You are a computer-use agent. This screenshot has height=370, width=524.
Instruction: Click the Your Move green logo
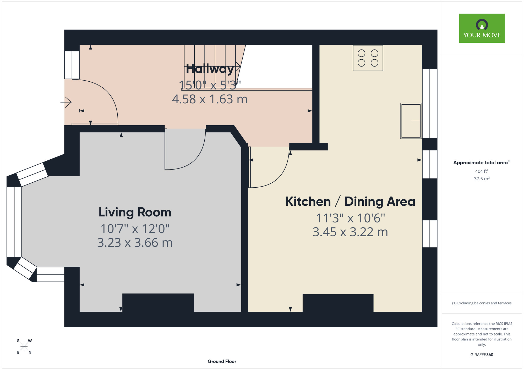pos(482,28)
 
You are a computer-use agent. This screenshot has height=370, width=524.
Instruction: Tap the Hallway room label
pos(210,69)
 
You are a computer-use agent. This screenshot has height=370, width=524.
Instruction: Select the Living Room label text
pos(135,212)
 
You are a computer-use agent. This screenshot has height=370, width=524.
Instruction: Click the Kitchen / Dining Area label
pos(350,201)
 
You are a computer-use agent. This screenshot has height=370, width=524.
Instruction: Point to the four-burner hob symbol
pos(368,58)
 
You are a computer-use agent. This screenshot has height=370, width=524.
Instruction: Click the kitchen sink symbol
pos(411,121)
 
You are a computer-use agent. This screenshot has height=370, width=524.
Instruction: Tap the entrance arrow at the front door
pos(66,102)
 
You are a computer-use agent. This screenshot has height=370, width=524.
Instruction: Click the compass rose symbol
pos(24,347)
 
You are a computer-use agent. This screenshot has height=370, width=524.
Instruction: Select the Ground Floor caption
pos(222,361)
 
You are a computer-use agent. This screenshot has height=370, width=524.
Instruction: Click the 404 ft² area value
pos(482,171)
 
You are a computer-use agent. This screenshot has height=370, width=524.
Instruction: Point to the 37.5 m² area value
pos(482,179)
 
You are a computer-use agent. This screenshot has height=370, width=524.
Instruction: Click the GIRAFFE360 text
pos(482,355)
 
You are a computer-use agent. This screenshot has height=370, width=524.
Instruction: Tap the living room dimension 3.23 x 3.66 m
pos(135,243)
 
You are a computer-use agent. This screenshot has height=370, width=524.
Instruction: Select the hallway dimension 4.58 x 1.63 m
pos(210,99)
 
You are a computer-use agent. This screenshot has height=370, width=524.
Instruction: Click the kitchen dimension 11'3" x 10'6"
pos(350,218)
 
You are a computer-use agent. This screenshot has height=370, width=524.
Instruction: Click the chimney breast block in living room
pos(158,302)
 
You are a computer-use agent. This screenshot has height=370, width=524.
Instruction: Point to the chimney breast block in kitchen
pos(338,303)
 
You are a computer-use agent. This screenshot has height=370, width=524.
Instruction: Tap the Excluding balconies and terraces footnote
pos(482,303)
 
